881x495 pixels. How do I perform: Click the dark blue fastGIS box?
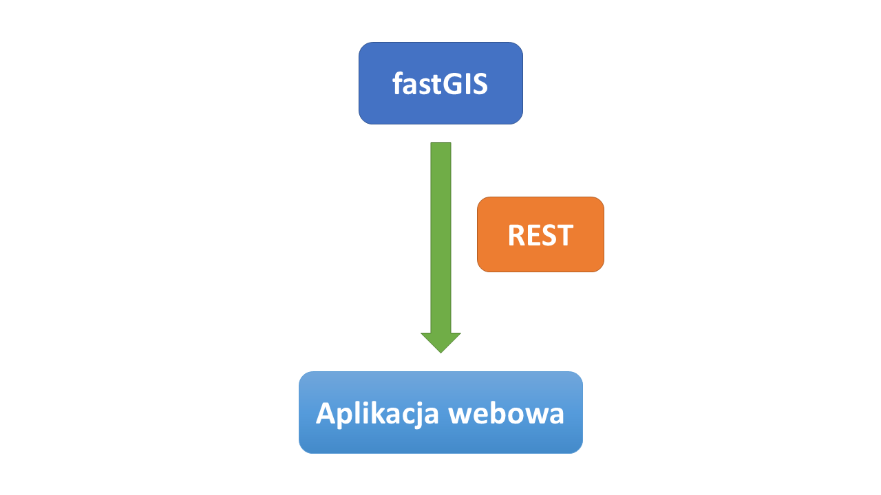440,83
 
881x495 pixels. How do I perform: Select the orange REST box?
540,234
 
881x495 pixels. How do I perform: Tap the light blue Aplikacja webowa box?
440,412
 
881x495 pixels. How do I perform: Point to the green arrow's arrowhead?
440,342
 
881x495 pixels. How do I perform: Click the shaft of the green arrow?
440,238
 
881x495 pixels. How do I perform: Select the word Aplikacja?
377,414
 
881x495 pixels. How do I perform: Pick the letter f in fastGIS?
399,83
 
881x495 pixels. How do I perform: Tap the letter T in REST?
564,235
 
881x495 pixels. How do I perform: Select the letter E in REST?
533,235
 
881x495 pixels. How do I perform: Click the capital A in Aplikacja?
327,413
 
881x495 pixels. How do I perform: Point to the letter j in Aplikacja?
417,416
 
